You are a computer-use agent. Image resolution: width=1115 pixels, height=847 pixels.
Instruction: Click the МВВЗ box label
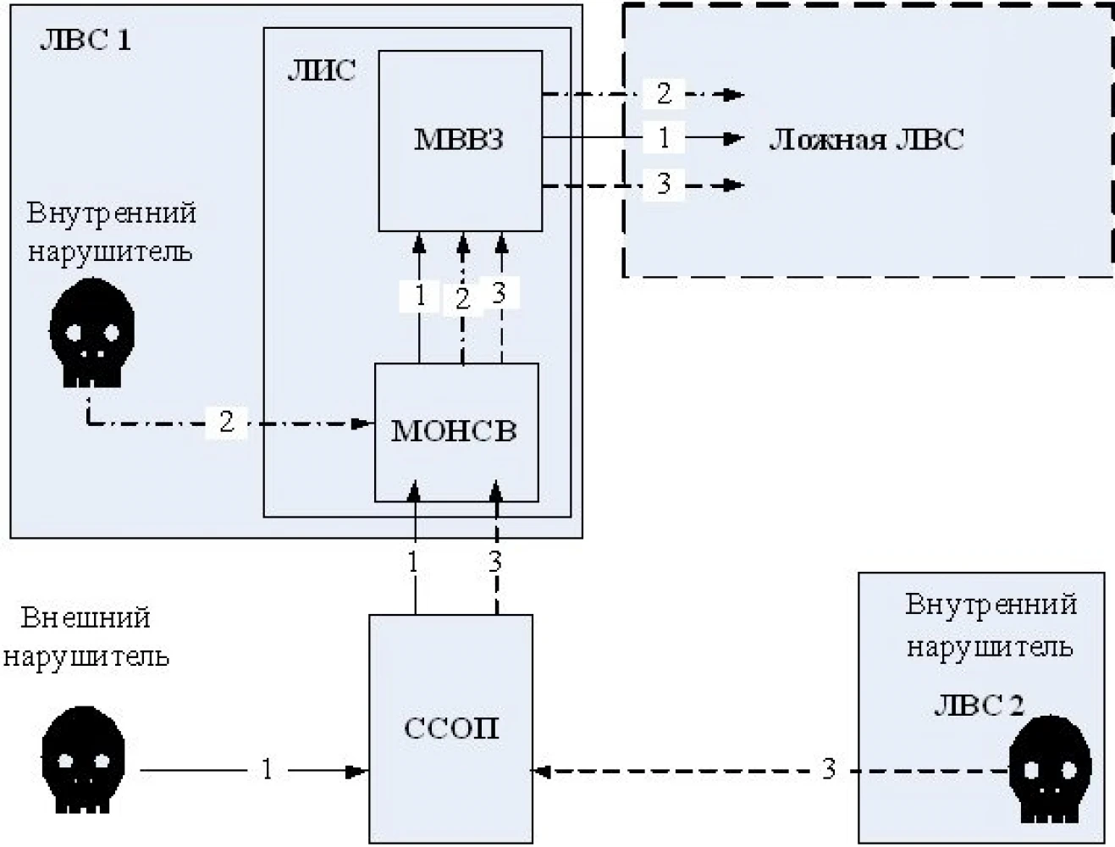click(459, 140)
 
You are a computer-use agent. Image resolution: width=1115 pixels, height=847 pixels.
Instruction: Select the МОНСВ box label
click(454, 431)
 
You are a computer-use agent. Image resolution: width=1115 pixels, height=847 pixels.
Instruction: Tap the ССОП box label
click(451, 728)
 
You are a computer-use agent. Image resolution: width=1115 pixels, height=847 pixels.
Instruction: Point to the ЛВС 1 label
click(86, 41)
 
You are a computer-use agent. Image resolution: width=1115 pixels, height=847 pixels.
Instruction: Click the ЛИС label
click(321, 71)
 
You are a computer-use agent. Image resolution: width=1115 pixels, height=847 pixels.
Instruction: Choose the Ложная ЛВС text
click(866, 140)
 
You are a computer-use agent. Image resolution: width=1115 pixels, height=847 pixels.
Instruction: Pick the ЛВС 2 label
click(979, 706)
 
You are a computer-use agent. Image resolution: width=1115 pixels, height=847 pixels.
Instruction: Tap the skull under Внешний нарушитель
click(83, 760)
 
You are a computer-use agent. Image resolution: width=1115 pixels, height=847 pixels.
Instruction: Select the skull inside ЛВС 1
click(92, 333)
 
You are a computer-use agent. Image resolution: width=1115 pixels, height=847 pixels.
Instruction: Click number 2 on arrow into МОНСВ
click(226, 422)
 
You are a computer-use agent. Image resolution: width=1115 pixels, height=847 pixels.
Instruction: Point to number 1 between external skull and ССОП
click(268, 769)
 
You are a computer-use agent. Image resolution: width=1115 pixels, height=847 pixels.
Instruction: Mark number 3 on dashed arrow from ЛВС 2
click(829, 769)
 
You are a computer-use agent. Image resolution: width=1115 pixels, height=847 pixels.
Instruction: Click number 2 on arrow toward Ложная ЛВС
click(664, 93)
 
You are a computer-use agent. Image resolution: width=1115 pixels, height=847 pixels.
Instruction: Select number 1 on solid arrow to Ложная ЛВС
click(664, 137)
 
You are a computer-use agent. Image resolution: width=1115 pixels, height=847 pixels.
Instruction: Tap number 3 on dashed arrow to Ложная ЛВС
click(664, 184)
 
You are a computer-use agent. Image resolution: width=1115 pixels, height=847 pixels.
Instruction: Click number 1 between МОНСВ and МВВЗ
click(420, 296)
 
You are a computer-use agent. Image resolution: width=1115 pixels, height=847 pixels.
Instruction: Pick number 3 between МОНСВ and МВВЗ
click(499, 293)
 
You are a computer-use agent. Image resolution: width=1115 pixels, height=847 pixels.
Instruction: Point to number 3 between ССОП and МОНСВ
click(495, 562)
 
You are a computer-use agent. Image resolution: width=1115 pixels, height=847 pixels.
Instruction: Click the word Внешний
click(86, 618)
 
